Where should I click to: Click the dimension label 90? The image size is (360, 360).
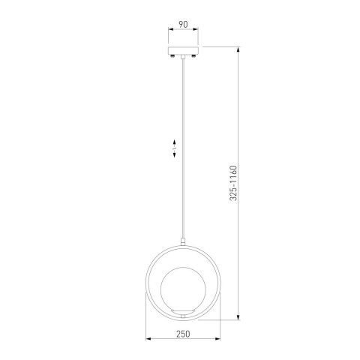pyautogui.click(x=183, y=25)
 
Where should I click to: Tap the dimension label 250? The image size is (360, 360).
pyautogui.click(x=183, y=334)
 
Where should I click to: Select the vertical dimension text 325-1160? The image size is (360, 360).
pyautogui.click(x=233, y=183)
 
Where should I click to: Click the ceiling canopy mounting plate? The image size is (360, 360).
pyautogui.click(x=183, y=50)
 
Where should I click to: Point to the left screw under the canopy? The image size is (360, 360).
pyautogui.click(x=172, y=55)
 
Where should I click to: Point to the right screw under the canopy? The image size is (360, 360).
pyautogui.click(x=193, y=55)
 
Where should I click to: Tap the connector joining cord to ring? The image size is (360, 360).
pyautogui.click(x=183, y=241)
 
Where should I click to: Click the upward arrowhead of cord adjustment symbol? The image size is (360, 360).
pyautogui.click(x=175, y=142)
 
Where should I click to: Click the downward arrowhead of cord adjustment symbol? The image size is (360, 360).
pyautogui.click(x=175, y=155)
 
